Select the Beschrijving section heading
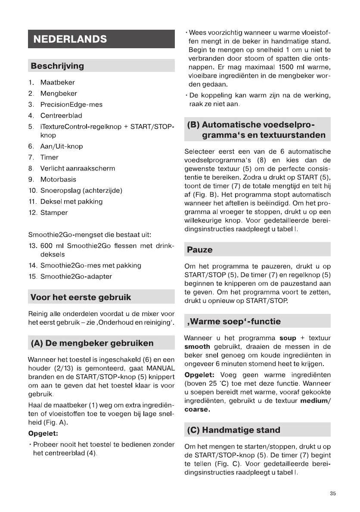pos(57,66)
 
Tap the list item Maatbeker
pos(57,82)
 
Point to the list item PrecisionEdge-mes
pos(71,105)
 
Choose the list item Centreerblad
pos(61,116)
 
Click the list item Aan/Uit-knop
pos(62,146)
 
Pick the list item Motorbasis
pos(58,180)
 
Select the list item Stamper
pos(54,213)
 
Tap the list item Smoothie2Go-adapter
pos(76,276)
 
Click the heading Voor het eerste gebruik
pos(81,297)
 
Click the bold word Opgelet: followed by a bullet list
pos(43,433)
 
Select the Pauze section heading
pos(200,250)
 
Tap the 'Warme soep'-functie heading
pos(233,321)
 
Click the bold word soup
pos(288,338)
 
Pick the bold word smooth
pos(197,347)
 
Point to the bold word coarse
pos(197,410)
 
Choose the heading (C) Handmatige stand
pos(233,430)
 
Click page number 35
pos(332,493)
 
